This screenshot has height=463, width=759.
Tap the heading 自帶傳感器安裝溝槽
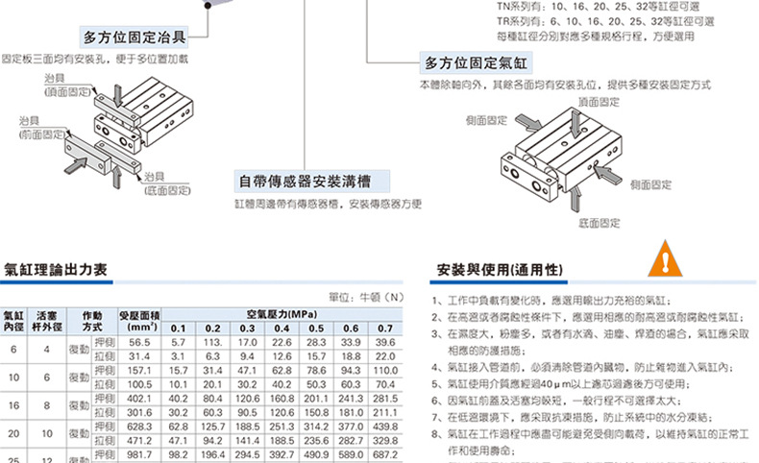click(x=306, y=181)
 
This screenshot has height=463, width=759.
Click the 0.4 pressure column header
click(x=282, y=328)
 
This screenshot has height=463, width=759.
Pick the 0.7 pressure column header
click(x=385, y=328)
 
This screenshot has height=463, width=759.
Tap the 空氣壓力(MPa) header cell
click(x=282, y=314)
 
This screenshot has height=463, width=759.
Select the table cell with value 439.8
click(x=385, y=426)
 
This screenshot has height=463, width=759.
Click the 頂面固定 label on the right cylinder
click(x=599, y=101)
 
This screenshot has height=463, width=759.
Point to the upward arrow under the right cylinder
click(x=577, y=200)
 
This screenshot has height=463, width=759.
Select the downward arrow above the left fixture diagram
click(x=118, y=97)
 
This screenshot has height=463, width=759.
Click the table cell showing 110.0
click(x=385, y=370)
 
